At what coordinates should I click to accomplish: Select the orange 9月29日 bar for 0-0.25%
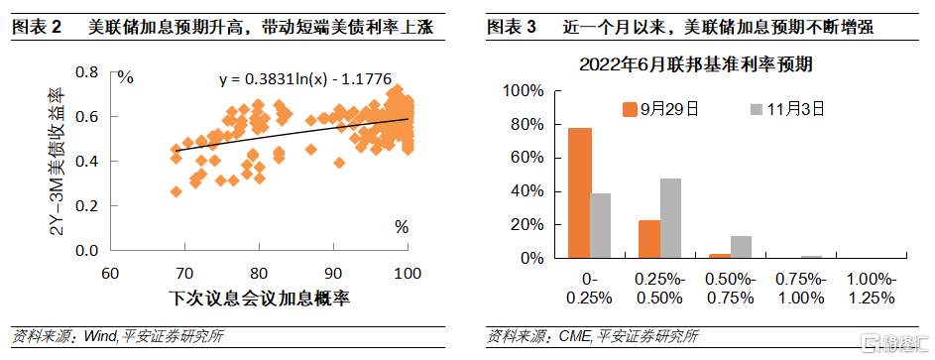[x=579, y=192]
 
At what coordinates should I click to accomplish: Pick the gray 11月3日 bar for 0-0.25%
[x=601, y=225]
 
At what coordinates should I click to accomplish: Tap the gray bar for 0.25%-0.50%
[x=671, y=217]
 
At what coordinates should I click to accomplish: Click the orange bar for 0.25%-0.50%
[x=649, y=239]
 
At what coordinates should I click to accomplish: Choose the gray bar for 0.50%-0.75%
[x=742, y=247]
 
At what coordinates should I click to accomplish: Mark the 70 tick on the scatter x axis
[x=184, y=272]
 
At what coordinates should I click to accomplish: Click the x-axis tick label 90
[x=333, y=272]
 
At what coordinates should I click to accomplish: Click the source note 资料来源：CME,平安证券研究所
[x=594, y=337]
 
